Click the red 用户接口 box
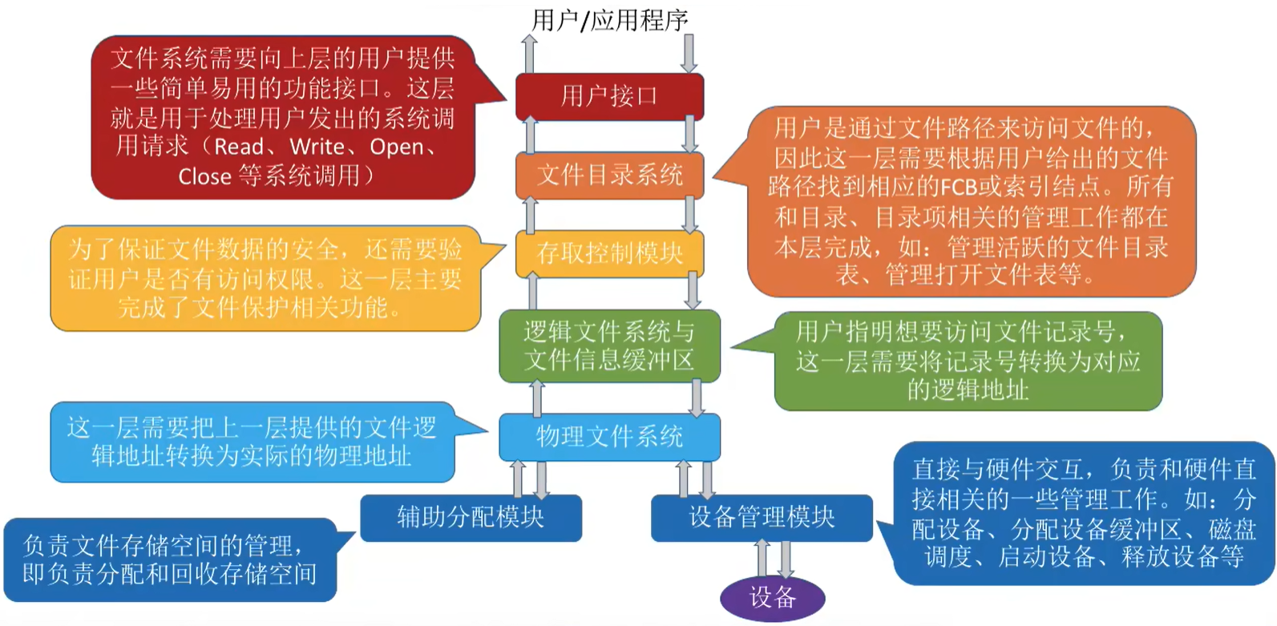[609, 96]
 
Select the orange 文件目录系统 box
[609, 175]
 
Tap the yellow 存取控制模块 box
[609, 254]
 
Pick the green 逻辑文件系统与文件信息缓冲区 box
[609, 346]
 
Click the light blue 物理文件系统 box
[609, 438]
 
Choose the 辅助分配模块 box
[471, 518]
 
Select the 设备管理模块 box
[762, 518]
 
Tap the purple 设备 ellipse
[773, 598]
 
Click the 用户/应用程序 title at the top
[609, 21]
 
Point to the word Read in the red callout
[239, 147]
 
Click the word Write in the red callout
[317, 147]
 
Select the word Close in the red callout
[204, 177]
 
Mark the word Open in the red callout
[397, 147]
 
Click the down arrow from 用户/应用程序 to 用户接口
[689, 54]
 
